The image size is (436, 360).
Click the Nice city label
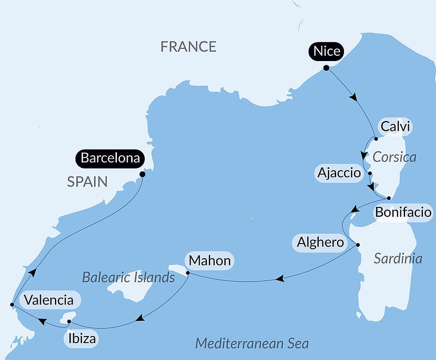pos(327,51)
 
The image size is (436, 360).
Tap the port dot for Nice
pos(326,68)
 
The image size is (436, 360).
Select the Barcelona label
pos(110,158)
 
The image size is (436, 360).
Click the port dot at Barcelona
pos(142,174)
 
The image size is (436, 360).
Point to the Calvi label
pos(395,127)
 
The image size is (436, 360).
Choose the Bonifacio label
pos(403,213)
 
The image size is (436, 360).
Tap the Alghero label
pos(320,242)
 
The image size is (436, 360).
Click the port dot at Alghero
pos(358,244)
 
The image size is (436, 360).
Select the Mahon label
pos(210,261)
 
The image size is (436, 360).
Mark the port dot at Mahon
pos(187,273)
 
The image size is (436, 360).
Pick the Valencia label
pos(48,300)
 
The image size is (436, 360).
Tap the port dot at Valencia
pos(12,304)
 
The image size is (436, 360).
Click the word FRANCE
pos(188,46)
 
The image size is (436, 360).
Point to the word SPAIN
pos(87,182)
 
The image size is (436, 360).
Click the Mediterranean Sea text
pos(252,343)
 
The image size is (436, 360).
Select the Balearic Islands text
pos(129,277)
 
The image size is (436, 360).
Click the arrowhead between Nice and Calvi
pos(354,97)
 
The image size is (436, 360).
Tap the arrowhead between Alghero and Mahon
pos(281,278)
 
